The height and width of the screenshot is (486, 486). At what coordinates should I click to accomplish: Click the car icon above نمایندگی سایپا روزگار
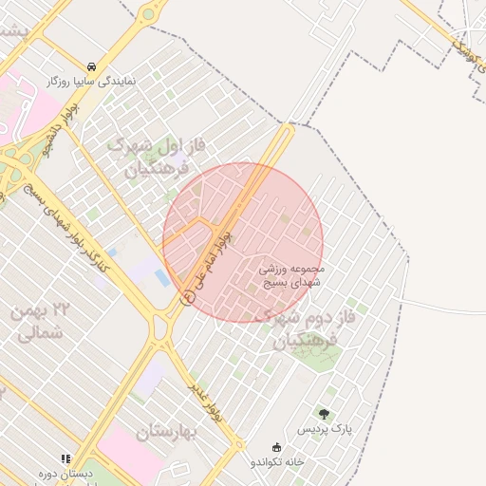[x=90, y=66]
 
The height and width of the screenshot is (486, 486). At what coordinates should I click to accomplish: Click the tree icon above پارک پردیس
[x=325, y=414]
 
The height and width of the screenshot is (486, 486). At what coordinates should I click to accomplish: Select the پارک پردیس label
[x=326, y=429]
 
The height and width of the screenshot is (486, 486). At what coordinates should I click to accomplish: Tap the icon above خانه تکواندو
[x=277, y=446]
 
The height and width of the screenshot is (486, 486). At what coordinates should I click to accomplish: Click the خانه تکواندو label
[x=277, y=461]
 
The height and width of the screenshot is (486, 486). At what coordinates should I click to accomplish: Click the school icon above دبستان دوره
[x=65, y=458]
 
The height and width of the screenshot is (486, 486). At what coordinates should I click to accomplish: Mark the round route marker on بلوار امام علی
[x=187, y=297]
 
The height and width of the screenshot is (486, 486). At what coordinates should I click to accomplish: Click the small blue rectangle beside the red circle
[x=162, y=279]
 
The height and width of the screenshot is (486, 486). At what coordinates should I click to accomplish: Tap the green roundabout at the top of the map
[x=147, y=14]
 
